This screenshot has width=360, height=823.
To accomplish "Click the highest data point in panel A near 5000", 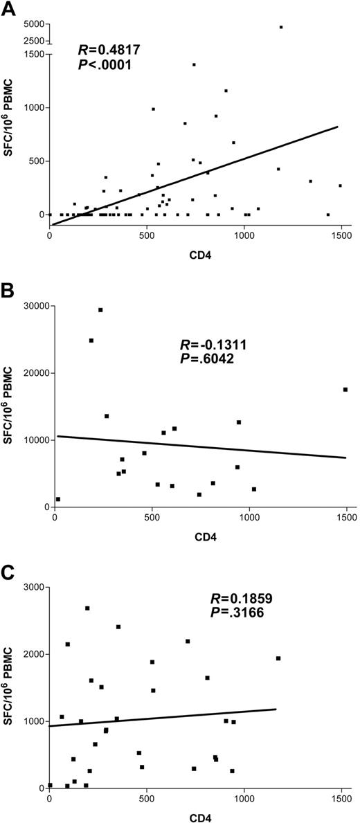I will coord(281,27).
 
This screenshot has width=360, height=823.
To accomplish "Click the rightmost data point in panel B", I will coord(345,390).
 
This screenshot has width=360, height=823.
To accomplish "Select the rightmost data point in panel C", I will coord(278,658).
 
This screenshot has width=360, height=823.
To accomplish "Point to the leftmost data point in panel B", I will coord(58,499).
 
